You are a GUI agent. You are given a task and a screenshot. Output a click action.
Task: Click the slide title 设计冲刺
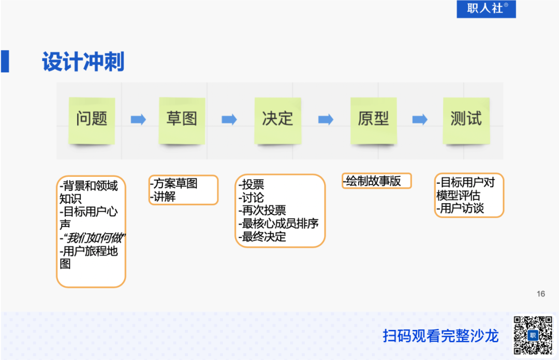click(x=83, y=62)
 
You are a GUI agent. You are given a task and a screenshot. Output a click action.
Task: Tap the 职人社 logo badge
click(x=486, y=9)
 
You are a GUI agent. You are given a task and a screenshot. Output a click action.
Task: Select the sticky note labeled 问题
click(x=92, y=119)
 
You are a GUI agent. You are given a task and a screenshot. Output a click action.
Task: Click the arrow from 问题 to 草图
click(x=138, y=120)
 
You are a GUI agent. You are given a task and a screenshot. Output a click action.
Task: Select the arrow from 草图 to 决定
click(x=229, y=120)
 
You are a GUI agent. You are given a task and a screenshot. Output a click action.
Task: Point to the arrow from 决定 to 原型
click(x=326, y=120)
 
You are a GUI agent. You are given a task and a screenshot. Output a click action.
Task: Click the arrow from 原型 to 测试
click(x=420, y=120)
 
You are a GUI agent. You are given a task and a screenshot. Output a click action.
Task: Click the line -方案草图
click(x=174, y=184)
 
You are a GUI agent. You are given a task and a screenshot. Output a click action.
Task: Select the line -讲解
click(x=163, y=197)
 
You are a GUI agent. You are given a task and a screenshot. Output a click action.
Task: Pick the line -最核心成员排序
click(x=278, y=224)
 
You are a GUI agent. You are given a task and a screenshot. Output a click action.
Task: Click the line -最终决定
click(x=262, y=237)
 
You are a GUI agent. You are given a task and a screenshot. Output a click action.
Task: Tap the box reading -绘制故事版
click(x=376, y=181)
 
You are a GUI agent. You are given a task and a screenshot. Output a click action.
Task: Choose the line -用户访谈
click(x=460, y=209)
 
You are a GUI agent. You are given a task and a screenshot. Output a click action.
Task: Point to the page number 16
click(x=541, y=294)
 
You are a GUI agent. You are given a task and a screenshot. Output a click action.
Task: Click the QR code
click(x=533, y=335)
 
